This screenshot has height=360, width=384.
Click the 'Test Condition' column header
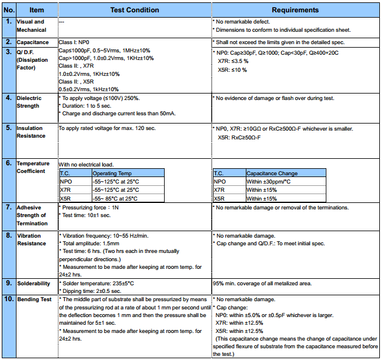(x=134, y=10)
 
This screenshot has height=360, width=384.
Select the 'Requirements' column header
(x=295, y=10)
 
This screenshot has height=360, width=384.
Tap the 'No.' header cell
(x=8, y=10)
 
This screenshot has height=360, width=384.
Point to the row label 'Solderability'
(x=34, y=284)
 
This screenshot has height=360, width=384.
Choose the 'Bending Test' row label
(x=34, y=299)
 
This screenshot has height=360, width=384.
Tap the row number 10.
(x=8, y=299)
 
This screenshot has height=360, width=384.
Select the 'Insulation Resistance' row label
(x=31, y=132)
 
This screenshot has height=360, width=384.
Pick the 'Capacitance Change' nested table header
(x=272, y=174)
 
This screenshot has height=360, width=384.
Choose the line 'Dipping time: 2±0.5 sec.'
(x=92, y=291)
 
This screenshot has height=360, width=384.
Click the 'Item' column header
(x=36, y=10)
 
